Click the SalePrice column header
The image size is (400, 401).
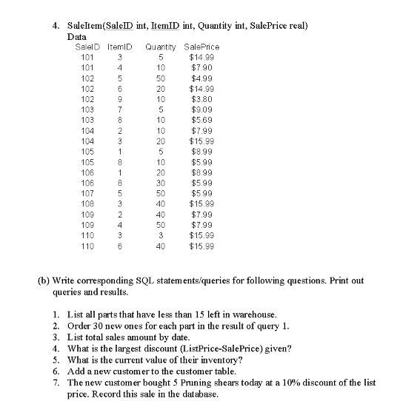click(201, 47)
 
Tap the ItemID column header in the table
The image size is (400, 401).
click(119, 47)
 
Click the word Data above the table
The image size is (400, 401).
click(76, 36)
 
